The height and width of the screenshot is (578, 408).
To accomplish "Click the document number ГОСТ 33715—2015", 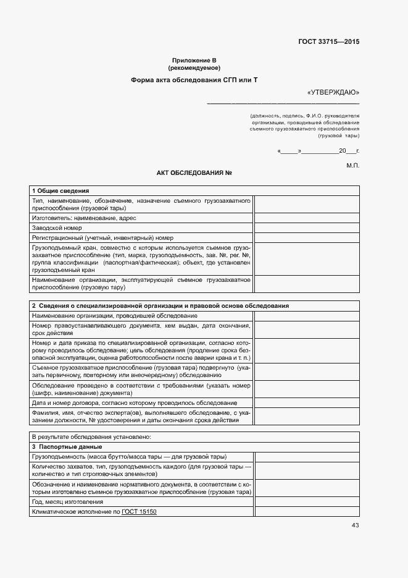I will (329, 42).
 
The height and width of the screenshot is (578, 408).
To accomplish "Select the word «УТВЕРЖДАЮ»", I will (333, 93).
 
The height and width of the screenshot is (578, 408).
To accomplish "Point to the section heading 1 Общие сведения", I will (60, 191).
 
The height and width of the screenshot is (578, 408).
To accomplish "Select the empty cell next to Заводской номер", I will (307, 227).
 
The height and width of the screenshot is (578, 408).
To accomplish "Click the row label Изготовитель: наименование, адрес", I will (84, 218).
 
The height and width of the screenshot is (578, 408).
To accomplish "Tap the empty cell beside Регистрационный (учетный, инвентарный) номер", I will (307, 237).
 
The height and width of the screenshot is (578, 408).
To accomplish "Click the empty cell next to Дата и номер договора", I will (307, 403).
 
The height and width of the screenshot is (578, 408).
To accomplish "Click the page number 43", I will (355, 525).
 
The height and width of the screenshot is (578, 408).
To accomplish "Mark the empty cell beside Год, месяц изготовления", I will (307, 502).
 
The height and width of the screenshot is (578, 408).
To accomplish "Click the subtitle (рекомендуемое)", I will (194, 68).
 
